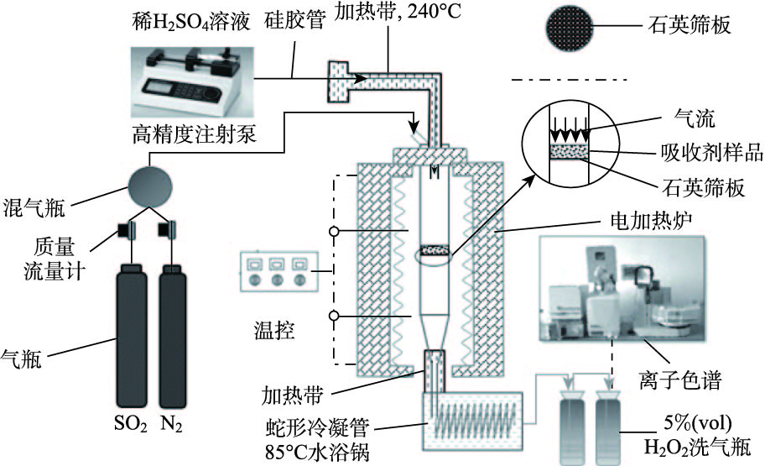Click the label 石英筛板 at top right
click(700, 26)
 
